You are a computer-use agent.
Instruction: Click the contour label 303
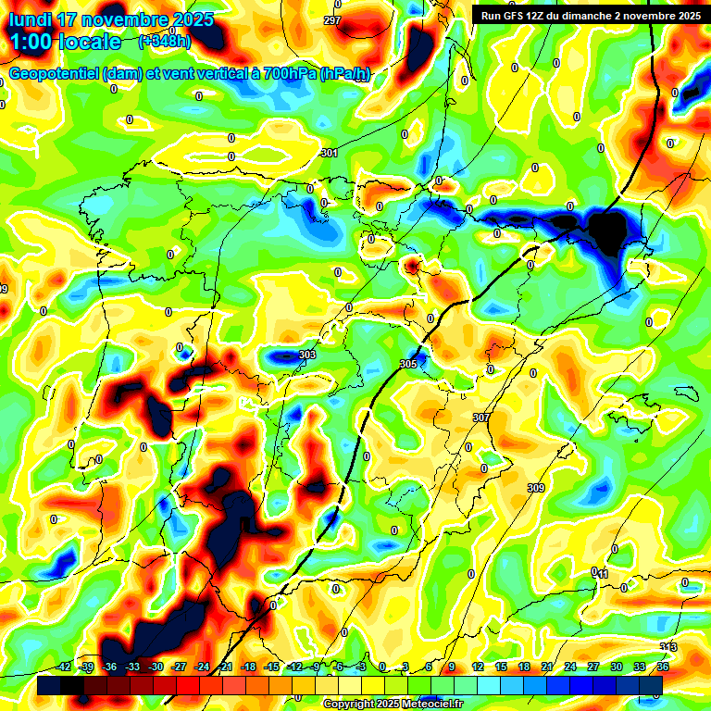pos(307,355)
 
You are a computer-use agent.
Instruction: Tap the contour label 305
pos(408,365)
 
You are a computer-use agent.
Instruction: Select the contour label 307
pos(480,418)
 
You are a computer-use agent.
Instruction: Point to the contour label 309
pos(536,488)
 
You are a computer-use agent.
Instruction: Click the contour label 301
pos(329,153)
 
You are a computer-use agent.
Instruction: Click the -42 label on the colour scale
pos(65,667)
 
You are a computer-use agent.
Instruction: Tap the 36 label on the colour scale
pos(663,667)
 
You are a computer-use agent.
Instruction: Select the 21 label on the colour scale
pos(547,667)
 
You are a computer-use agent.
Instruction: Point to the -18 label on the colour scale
pos(248,667)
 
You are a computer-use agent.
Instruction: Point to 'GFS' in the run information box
pos(519,16)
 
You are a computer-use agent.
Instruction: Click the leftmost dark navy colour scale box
pos(49,685)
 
